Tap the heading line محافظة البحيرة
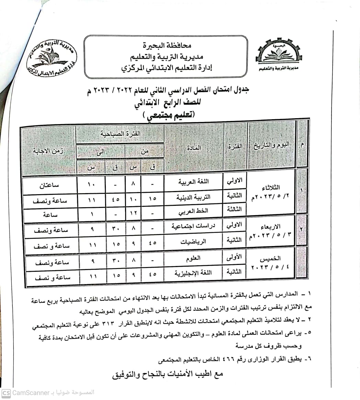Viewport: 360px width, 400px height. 167,45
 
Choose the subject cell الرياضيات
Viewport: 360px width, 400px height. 194,242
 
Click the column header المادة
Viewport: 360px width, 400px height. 194,147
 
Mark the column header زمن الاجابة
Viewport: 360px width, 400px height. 49,151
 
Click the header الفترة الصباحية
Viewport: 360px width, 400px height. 120,134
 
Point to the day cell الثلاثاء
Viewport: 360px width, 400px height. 271,188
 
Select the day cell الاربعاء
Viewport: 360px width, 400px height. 271,226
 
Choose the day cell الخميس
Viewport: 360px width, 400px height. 271,259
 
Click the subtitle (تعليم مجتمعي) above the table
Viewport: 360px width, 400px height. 168,116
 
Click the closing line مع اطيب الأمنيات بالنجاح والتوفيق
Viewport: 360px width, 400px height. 168,374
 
